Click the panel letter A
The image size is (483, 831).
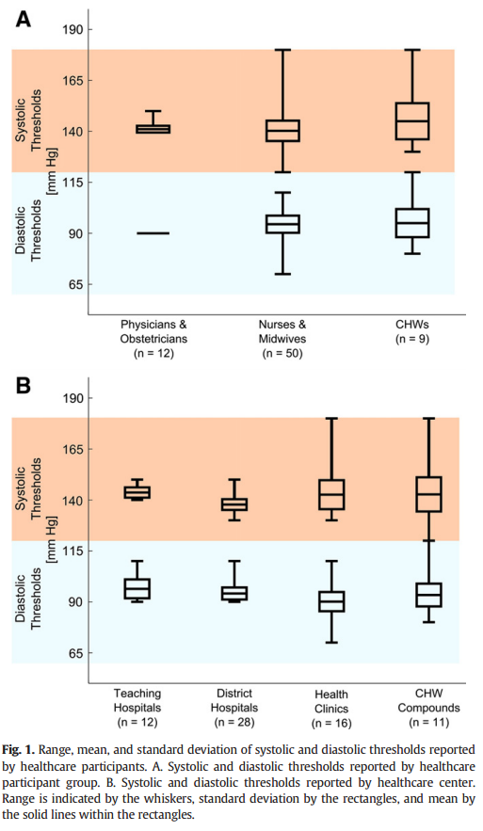(x=24, y=20)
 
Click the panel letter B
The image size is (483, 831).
(x=24, y=386)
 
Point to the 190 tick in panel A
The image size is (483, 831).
(x=73, y=30)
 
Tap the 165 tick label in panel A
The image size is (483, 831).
(x=73, y=81)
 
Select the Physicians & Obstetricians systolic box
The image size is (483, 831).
(x=153, y=129)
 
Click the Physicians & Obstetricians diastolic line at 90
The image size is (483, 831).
(x=153, y=233)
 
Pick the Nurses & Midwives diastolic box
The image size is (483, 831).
(x=282, y=224)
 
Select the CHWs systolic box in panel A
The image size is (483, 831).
(x=412, y=121)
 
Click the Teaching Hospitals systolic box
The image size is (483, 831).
(x=137, y=492)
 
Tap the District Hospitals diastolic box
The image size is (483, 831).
(x=234, y=593)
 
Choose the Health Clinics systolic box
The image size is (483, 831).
(x=331, y=494)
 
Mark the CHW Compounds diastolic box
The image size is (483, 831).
(x=428, y=595)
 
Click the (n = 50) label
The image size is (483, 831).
(x=282, y=353)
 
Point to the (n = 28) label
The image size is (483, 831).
(x=234, y=722)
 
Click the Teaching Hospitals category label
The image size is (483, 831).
(x=137, y=700)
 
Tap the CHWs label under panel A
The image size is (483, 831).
(x=412, y=324)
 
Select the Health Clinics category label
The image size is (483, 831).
(x=331, y=701)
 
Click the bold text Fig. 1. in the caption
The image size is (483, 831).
(x=19, y=750)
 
